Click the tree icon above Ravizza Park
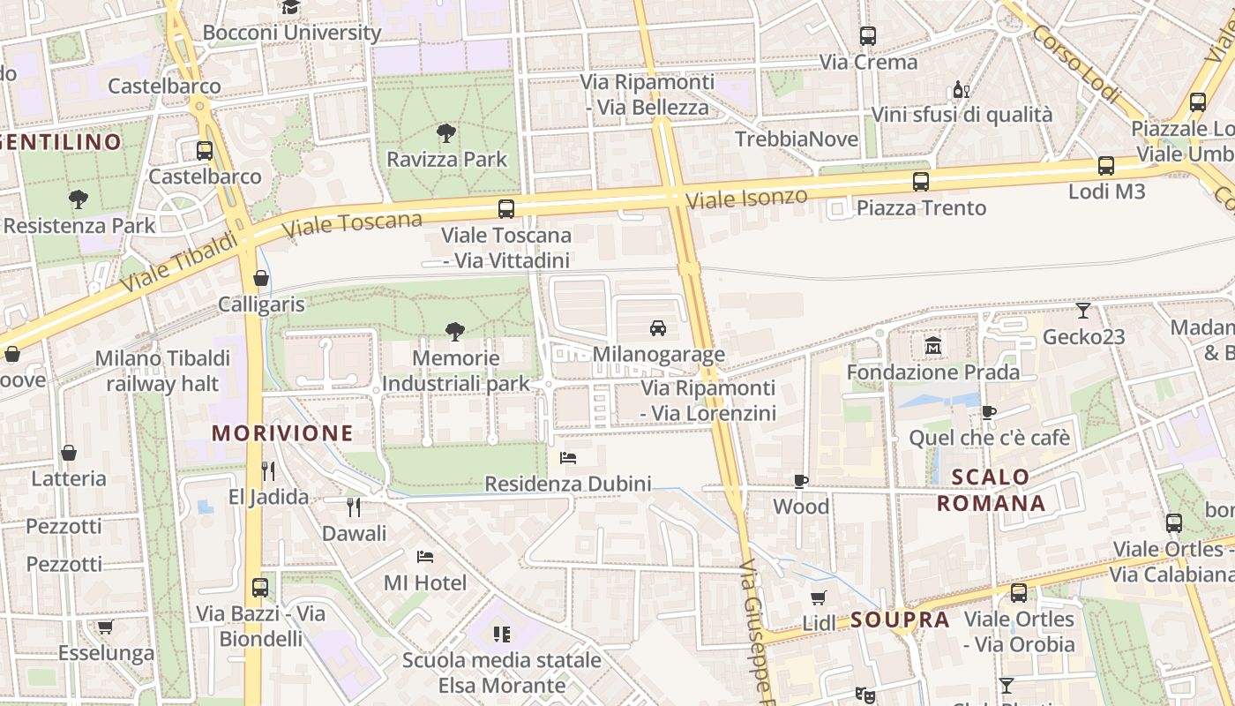[446, 133]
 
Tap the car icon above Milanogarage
[658, 328]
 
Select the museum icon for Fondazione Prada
[933, 346]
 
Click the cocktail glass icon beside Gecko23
[1083, 311]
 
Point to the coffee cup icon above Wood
[801, 481]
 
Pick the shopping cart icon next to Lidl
[819, 597]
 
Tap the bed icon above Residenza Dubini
[568, 458]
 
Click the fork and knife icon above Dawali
[354, 507]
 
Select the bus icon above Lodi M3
[1106, 166]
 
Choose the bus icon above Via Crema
[868, 36]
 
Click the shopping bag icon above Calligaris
[261, 278]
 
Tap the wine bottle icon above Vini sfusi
[962, 89]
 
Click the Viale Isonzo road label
[746, 198]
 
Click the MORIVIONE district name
[282, 433]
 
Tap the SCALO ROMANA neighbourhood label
[991, 491]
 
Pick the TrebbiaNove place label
[797, 139]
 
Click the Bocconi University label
[292, 33]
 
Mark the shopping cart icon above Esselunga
[106, 627]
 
